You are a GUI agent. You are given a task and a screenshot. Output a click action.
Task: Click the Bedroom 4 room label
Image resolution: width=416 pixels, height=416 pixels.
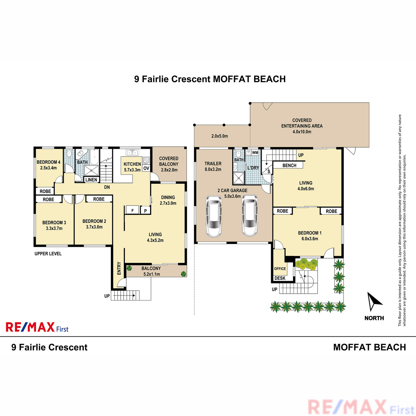pos(49,165)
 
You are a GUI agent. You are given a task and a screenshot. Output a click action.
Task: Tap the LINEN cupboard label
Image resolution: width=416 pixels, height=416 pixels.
pos(91,180)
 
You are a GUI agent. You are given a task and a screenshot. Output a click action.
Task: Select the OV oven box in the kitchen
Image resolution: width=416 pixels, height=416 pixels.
pos(146,168)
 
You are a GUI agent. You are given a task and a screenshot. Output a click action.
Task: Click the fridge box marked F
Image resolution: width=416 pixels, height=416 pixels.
pos(132,210)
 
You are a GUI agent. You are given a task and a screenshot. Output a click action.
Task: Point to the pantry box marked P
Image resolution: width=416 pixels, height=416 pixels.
pos(146,211)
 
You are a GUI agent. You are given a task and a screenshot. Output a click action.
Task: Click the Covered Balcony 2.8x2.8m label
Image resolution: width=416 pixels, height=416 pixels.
pos(169,164)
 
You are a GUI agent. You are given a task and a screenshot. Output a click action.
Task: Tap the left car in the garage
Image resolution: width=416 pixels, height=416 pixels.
pos(214,216)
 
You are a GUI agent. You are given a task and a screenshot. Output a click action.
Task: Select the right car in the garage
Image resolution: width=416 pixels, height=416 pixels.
pos(250,215)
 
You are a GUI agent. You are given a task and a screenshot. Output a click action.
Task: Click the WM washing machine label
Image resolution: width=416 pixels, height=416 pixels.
pos(255,153)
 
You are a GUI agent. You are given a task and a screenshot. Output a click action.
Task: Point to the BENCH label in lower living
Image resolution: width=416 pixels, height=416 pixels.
pos(289,165)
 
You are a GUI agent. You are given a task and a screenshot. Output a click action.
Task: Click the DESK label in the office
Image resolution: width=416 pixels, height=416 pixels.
pos(280,278)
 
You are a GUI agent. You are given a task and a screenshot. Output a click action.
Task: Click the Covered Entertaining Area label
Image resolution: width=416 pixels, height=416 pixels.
pos(302,126)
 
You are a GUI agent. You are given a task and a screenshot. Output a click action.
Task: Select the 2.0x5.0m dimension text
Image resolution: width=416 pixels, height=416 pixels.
pos(219,136)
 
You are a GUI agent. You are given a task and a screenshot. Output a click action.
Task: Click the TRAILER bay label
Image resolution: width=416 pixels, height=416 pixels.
pos(213,166)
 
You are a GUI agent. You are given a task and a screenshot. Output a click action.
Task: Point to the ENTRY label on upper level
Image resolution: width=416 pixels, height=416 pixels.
pos(119,268)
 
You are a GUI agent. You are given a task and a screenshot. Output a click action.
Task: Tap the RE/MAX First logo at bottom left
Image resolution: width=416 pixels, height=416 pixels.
pos(37,327)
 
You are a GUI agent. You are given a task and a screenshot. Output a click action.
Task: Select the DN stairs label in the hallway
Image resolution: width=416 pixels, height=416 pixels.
pos(107,187)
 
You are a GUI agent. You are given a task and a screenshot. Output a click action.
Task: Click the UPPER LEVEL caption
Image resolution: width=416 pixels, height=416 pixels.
pos(48,254)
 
